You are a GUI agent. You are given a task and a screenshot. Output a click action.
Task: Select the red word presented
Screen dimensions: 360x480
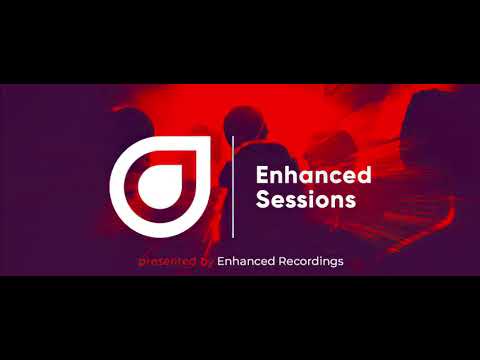[167, 261]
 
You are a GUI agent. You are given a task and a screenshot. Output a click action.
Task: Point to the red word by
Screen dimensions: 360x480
[207, 261]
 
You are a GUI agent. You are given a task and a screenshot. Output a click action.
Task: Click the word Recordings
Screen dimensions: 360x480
[308, 261]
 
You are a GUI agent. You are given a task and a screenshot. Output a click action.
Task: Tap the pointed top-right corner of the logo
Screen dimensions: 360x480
[209, 142]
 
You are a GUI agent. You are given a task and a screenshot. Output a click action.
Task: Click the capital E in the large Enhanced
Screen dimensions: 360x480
[263, 176]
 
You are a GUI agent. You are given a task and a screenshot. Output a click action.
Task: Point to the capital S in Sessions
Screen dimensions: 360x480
[263, 199]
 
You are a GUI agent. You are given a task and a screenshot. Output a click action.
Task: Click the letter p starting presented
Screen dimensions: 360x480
[141, 262]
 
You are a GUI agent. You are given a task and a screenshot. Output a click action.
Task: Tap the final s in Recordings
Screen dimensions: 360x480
[341, 261]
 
